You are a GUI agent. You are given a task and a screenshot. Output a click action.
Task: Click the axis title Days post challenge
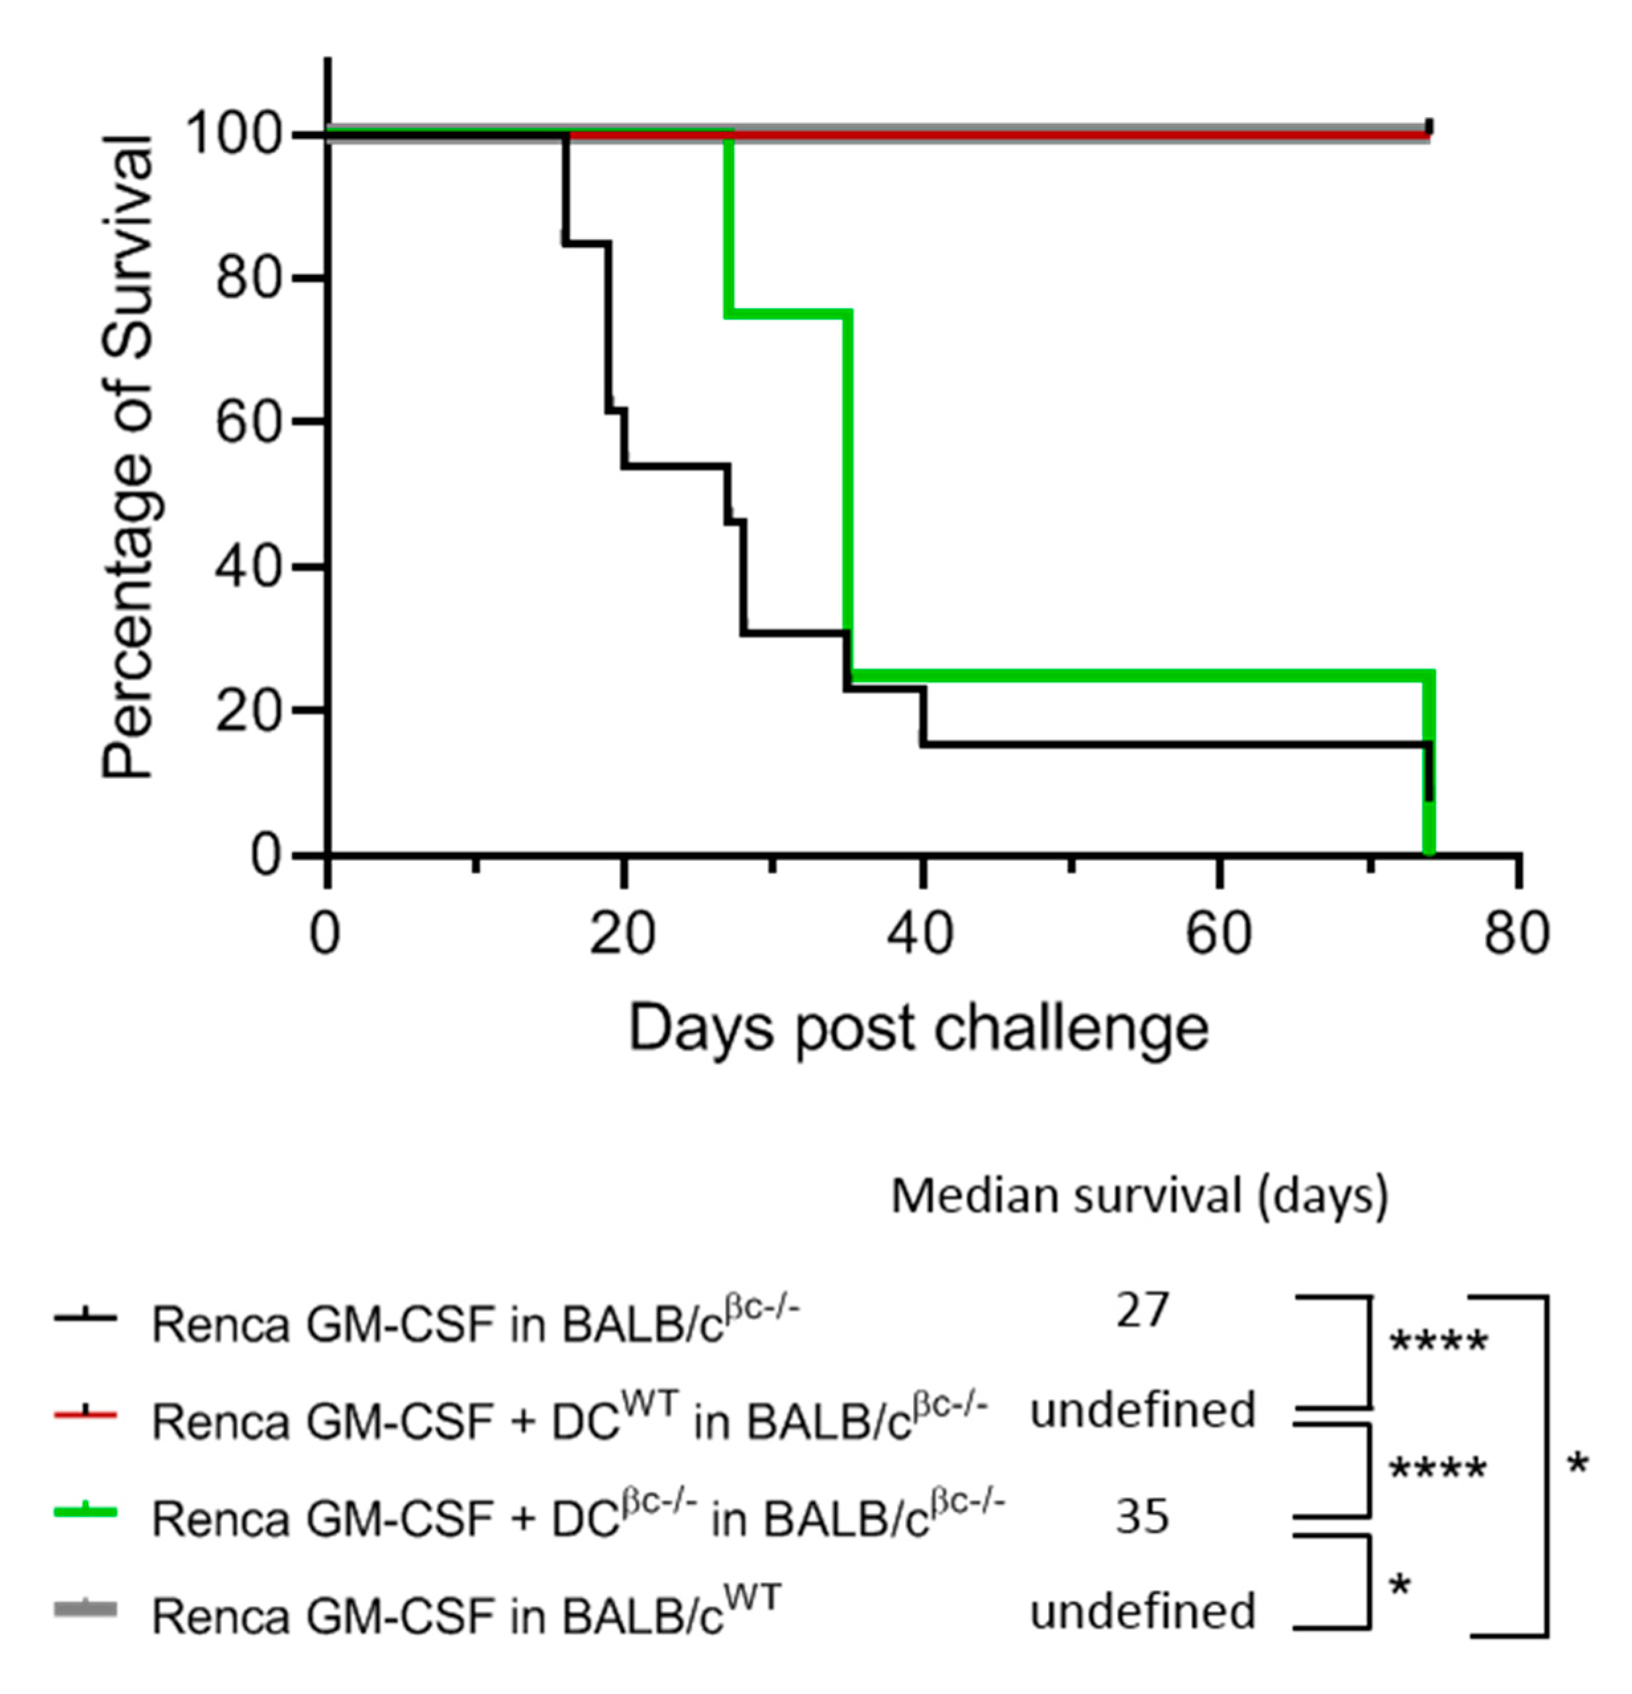918,1028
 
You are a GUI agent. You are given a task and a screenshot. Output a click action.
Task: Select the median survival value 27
1142,1311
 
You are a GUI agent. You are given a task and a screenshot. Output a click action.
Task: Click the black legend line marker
85,1317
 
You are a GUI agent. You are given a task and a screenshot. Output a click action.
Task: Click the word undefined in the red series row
1142,1411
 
